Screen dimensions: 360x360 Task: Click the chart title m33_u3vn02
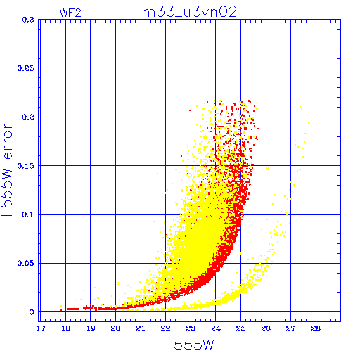click(x=189, y=12)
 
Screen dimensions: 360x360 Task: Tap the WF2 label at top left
click(x=70, y=13)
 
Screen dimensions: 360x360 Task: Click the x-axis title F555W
click(x=190, y=345)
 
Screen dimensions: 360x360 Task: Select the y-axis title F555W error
click(x=7, y=169)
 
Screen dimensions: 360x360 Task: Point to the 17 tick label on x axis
click(x=40, y=328)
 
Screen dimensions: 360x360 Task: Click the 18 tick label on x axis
click(x=65, y=328)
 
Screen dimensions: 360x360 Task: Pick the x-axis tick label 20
click(x=115, y=328)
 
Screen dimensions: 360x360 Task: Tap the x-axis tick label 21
click(x=141, y=328)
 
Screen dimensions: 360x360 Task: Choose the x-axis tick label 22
click(x=165, y=328)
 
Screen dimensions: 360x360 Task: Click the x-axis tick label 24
click(x=216, y=328)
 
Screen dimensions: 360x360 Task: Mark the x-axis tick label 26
click(x=266, y=328)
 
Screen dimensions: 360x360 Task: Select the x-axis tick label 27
click(x=290, y=328)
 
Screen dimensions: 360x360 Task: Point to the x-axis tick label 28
click(x=316, y=328)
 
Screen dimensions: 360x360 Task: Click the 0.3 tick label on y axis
click(x=28, y=20)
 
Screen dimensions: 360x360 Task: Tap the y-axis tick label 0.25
click(x=26, y=68)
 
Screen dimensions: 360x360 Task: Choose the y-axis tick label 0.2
click(x=28, y=117)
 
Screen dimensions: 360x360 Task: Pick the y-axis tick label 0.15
click(x=26, y=166)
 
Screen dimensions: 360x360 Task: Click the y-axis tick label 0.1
click(x=28, y=214)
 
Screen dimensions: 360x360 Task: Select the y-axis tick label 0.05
click(x=26, y=263)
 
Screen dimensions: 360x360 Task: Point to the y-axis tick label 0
click(x=32, y=312)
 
